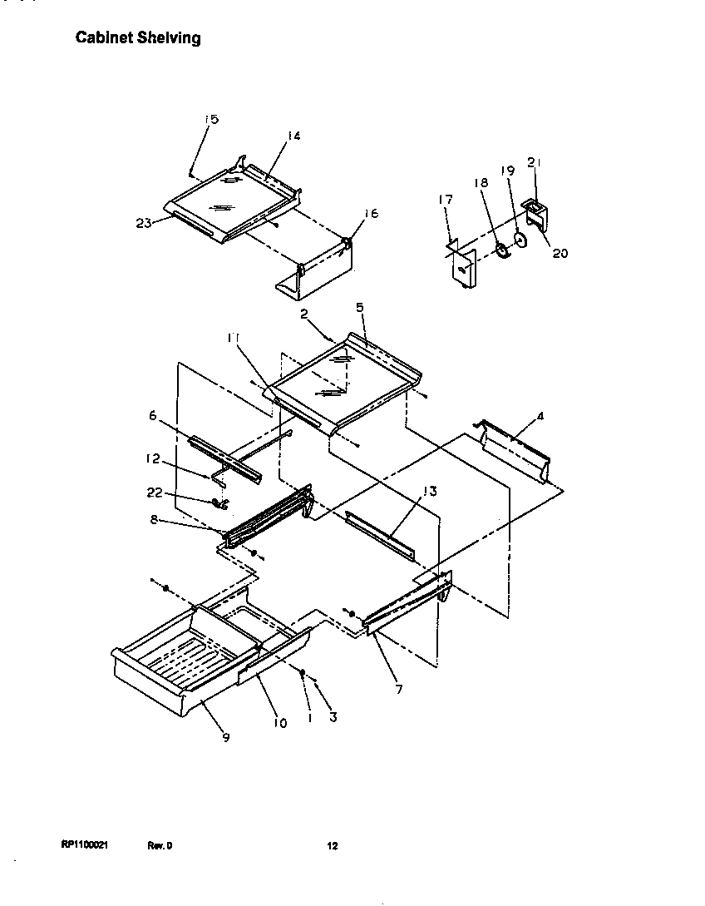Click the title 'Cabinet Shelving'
tap(138, 38)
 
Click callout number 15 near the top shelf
tap(211, 120)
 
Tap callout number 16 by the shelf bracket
tap(371, 214)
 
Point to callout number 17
tap(446, 200)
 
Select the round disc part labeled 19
tap(520, 241)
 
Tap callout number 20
tap(560, 253)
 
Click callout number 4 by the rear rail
tap(540, 416)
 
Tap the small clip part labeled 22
tap(219, 503)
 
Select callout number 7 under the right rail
tap(399, 690)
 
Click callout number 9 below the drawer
tap(225, 736)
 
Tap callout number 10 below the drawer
tap(279, 723)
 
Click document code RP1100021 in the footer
tap(85, 845)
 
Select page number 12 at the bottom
tap(332, 846)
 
